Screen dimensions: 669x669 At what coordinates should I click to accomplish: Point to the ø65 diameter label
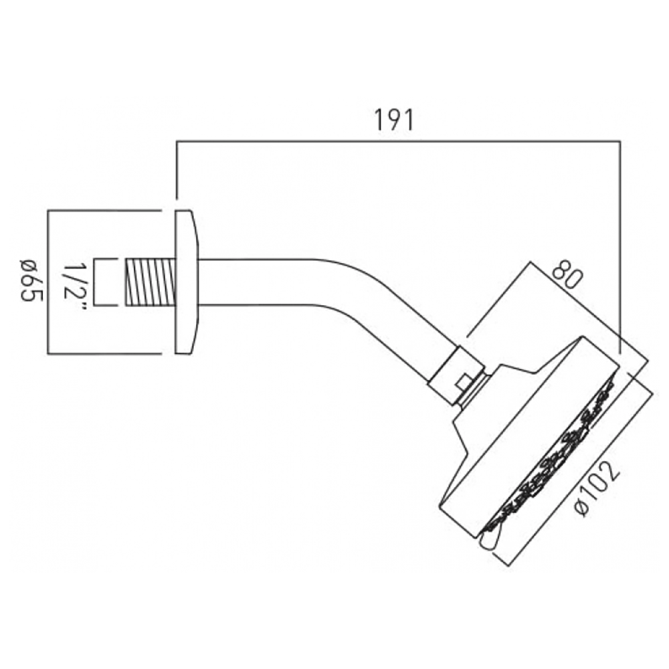(30, 282)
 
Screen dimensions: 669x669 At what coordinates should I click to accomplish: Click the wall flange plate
(185, 282)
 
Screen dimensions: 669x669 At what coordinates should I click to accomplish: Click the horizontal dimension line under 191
(395, 140)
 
